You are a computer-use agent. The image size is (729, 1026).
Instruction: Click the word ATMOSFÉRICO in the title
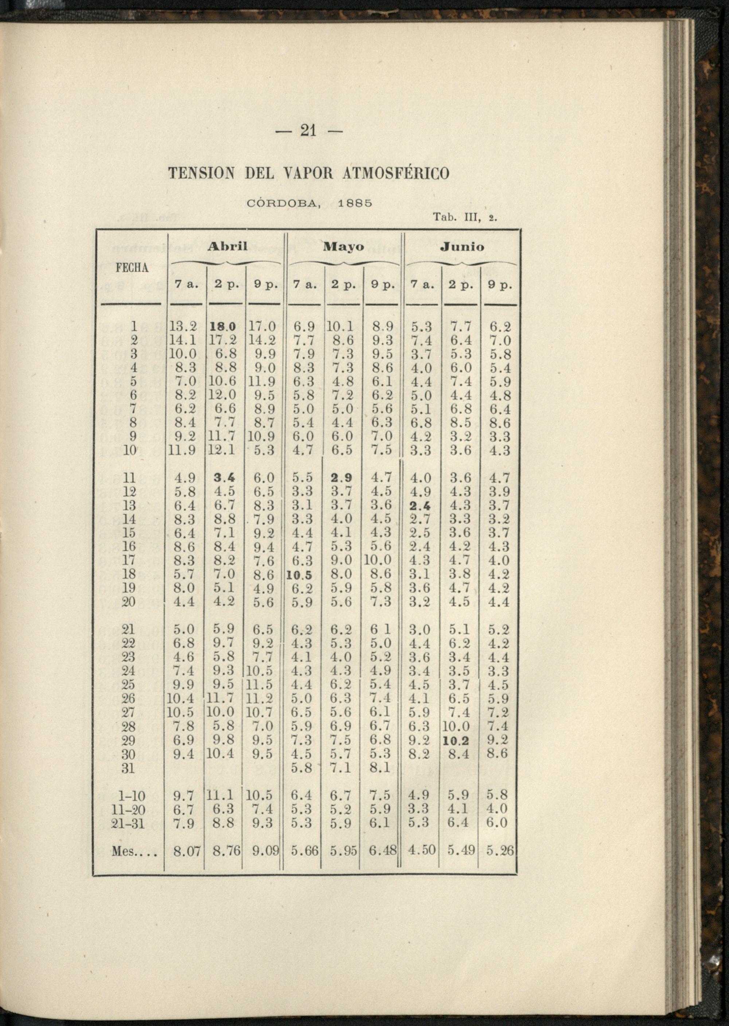point(396,173)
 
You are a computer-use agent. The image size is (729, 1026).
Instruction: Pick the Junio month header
point(462,246)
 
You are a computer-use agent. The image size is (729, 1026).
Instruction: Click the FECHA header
point(132,268)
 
